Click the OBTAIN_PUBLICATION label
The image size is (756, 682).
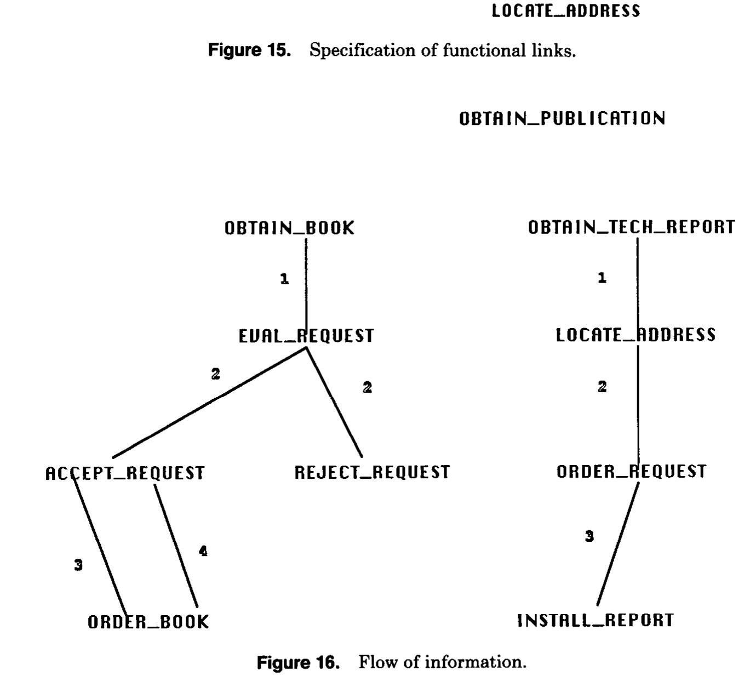pyautogui.click(x=562, y=119)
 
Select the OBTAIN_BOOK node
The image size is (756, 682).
pyautogui.click(x=289, y=228)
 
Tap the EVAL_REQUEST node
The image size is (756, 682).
pyautogui.click(x=306, y=336)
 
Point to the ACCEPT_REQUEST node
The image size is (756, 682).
pyautogui.click(x=125, y=473)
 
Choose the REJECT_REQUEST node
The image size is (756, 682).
pyautogui.click(x=372, y=472)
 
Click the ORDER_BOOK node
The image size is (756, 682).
pyautogui.click(x=148, y=622)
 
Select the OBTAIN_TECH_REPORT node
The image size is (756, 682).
pyautogui.click(x=631, y=227)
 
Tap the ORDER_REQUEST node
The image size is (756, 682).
pyautogui.click(x=631, y=472)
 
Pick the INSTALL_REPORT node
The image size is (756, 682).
pyautogui.click(x=595, y=620)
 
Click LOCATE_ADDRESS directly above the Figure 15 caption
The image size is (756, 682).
pyautogui.click(x=566, y=11)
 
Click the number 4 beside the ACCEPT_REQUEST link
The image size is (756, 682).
pyautogui.click(x=203, y=551)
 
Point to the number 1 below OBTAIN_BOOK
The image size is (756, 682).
pyautogui.click(x=284, y=279)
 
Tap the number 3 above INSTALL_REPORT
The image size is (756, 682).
pyautogui.click(x=589, y=536)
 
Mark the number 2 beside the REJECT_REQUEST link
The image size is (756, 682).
pyautogui.click(x=367, y=387)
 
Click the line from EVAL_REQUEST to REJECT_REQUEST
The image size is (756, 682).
pyautogui.click(x=334, y=403)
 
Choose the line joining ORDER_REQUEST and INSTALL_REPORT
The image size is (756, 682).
pyautogui.click(x=618, y=544)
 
